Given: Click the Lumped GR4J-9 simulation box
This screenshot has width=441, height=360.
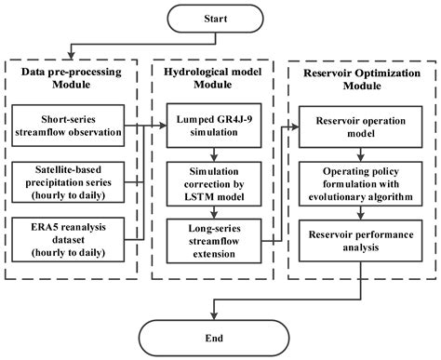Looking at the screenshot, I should pyautogui.click(x=213, y=128).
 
